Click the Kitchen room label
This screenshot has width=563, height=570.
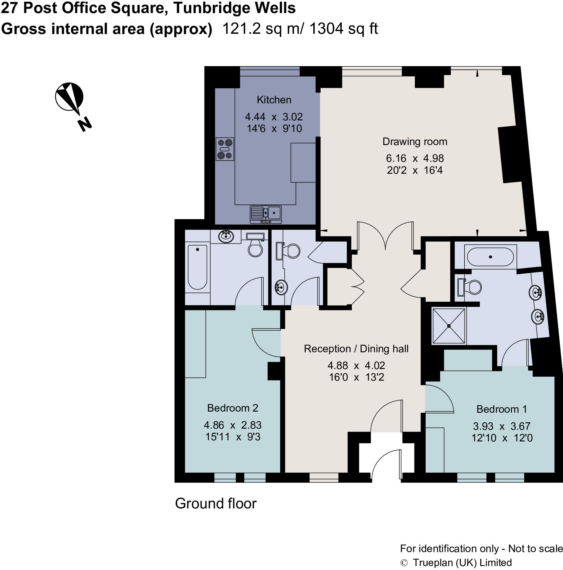pos(274,100)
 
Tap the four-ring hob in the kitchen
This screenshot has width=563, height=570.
pos(225,149)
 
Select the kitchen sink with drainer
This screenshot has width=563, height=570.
pos(266,214)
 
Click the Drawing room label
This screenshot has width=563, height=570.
pos(415,142)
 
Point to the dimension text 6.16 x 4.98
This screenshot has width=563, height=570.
pos(415,158)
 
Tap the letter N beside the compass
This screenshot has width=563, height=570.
pos(85,124)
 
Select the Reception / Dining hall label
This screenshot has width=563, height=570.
pos(356,349)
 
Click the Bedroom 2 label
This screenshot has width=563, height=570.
pos(233,408)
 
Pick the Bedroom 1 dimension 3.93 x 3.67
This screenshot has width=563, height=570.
pos(502,426)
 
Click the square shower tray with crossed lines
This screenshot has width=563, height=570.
pos(449,326)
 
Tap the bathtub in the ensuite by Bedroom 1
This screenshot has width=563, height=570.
pos(490,257)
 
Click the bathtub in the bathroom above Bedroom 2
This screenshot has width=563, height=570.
pos(197,267)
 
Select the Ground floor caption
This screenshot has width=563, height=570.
pos(216,503)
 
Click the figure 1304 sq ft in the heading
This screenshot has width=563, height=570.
pos(343,29)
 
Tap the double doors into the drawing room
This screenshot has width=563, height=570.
pos(385,236)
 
